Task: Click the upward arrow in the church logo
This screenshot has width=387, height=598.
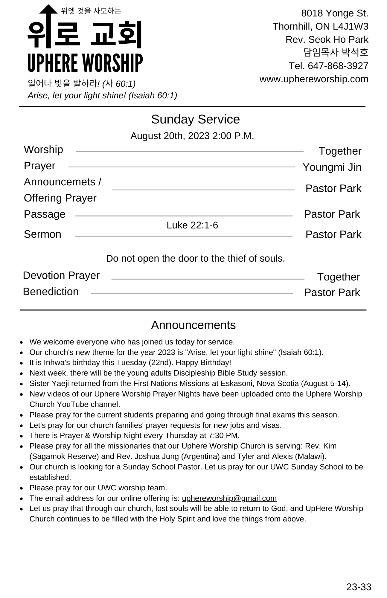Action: click(x=48, y=18)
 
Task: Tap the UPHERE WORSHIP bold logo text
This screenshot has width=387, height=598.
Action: click(x=85, y=63)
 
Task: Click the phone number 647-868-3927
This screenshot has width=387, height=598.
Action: click(x=338, y=66)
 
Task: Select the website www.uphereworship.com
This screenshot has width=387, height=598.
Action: click(x=314, y=79)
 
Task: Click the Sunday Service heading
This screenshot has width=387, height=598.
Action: click(x=195, y=119)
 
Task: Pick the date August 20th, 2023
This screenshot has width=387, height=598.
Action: click(x=170, y=136)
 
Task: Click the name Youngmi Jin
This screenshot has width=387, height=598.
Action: click(x=332, y=167)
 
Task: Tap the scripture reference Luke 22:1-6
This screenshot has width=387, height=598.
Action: click(x=192, y=225)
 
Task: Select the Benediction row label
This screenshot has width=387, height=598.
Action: click(x=51, y=292)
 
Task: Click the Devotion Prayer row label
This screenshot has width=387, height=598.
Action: click(x=61, y=275)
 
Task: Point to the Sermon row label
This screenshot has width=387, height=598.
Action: click(x=42, y=234)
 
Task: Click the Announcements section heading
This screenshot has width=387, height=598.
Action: click(x=193, y=325)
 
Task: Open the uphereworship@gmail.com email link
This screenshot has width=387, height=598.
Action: click(x=229, y=498)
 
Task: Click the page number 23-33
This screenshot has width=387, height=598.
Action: click(x=359, y=587)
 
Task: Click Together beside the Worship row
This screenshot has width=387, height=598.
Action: click(x=340, y=151)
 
